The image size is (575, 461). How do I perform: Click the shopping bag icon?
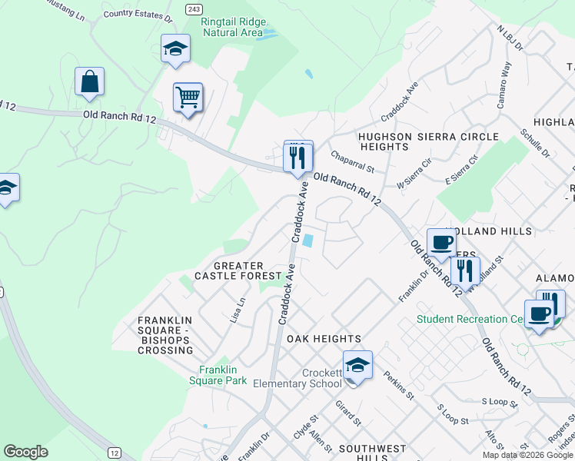tap(89, 81)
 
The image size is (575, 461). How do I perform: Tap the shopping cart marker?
tap(188, 98)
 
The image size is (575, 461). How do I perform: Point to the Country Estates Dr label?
tap(138, 14)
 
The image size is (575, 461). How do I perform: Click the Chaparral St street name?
tap(352, 161)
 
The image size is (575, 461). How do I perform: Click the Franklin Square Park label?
tap(218, 374)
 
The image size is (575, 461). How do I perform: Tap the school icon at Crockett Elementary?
tap(357, 365)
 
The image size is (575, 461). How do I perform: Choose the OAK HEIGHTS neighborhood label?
tap(324, 339)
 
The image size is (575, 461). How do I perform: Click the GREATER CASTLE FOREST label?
tap(238, 270)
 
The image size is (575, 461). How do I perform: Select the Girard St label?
tap(348, 412)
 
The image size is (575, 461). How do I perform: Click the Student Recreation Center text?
tap(469, 319)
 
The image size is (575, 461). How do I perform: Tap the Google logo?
tap(25, 452)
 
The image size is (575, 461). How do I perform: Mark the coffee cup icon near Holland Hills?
tap(441, 243)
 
